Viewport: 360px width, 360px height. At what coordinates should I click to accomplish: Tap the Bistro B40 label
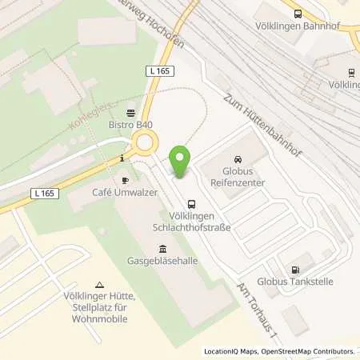tap(130, 125)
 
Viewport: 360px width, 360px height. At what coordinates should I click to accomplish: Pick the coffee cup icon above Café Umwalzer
tap(125, 181)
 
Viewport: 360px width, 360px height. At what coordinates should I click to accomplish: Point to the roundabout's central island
tap(146, 145)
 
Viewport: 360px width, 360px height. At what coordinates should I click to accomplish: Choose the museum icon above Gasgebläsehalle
tap(163, 248)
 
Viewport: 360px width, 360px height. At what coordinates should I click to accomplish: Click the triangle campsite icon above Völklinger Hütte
tap(100, 285)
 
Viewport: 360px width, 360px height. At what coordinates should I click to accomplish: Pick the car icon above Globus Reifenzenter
tap(236, 159)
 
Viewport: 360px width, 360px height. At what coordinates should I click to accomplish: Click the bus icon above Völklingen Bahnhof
tap(298, 13)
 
